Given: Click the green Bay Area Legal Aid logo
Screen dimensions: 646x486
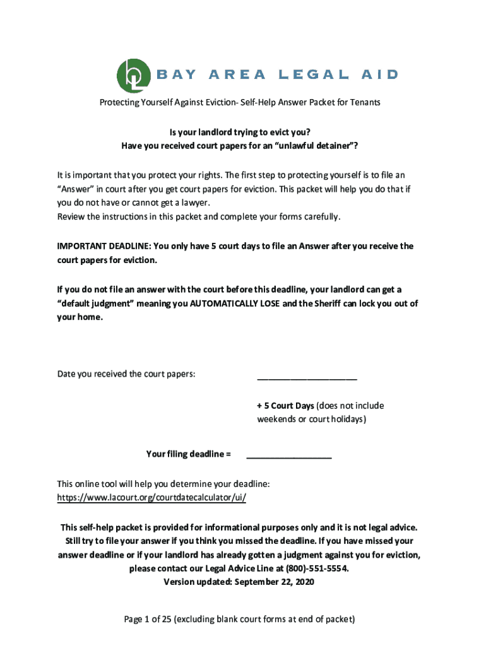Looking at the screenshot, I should click(134, 74).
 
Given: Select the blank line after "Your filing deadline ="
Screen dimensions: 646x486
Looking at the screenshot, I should click(288, 454).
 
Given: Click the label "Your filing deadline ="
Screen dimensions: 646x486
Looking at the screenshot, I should click(188, 454).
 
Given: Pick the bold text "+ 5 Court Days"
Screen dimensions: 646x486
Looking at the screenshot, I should click(285, 406).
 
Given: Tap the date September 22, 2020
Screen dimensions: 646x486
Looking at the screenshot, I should click(274, 582).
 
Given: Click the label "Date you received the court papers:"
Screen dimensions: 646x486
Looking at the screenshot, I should click(126, 374).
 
